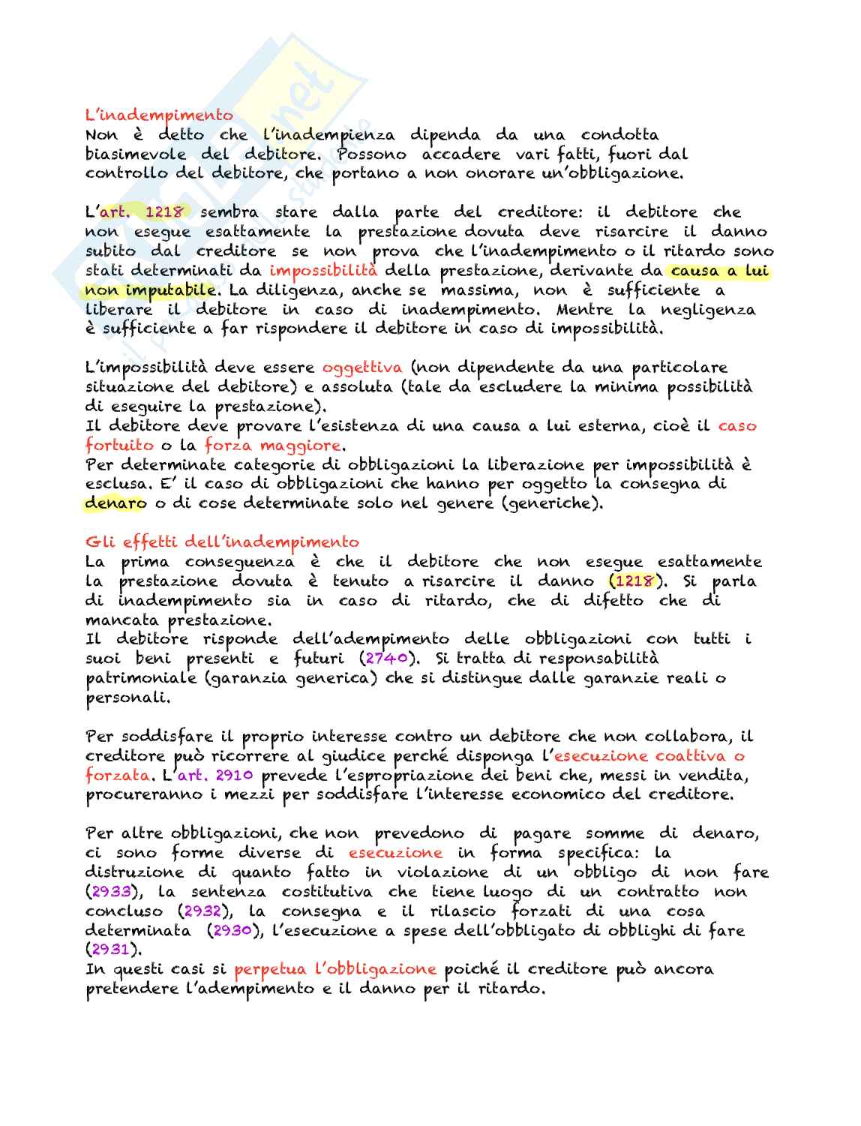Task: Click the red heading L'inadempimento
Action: point(159,116)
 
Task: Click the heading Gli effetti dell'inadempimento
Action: point(222,542)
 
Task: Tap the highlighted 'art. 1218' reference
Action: point(142,212)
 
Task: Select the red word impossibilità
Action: point(323,271)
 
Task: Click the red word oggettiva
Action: point(362,368)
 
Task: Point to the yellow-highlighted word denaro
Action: point(115,503)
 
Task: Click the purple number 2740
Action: point(387,659)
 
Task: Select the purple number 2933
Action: point(111,892)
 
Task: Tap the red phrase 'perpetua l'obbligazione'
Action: point(335,969)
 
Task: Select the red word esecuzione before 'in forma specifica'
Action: point(395,853)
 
